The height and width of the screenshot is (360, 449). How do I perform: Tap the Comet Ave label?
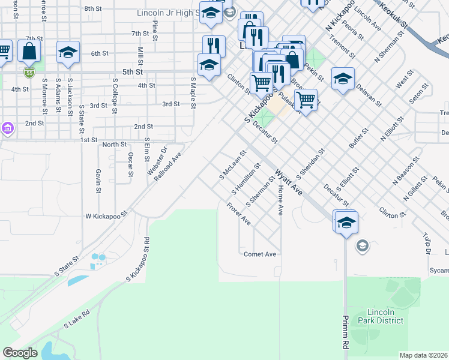point(260,254)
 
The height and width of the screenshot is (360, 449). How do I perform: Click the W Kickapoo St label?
point(107,214)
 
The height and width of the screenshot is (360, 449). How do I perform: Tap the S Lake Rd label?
point(77,319)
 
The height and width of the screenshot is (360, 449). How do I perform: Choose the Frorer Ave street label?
point(238,214)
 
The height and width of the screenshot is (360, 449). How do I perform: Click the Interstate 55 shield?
point(29,73)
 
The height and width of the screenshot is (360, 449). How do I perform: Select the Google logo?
point(20,353)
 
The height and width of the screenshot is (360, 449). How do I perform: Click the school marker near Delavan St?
point(343,79)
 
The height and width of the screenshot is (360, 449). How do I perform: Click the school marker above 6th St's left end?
point(68,52)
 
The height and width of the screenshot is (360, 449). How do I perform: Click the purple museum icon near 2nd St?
point(7,128)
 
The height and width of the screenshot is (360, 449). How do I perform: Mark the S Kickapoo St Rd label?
point(137,259)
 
